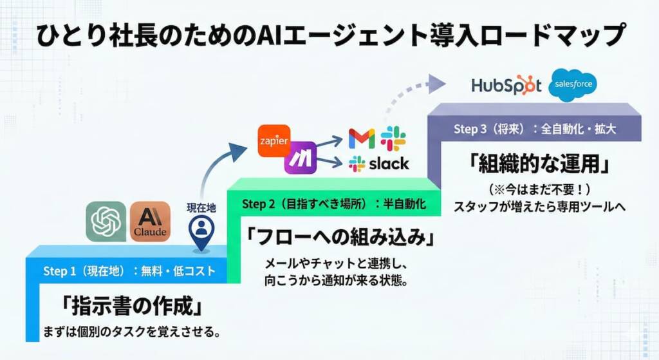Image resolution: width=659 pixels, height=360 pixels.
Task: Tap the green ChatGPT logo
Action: [106, 222]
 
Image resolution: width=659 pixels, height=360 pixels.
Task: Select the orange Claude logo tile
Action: [150, 222]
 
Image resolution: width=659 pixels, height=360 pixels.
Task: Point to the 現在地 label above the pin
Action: [201, 208]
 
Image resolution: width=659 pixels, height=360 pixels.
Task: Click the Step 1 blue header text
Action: [129, 271]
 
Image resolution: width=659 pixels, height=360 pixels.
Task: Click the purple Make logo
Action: [300, 158]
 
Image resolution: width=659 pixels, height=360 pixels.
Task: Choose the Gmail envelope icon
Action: [361, 138]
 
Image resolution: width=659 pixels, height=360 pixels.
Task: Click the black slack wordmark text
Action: [388, 164]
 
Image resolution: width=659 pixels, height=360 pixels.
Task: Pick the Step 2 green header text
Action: [335, 204]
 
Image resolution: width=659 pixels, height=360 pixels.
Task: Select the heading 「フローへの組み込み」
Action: [339, 236]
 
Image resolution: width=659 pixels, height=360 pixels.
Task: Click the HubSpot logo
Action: [506, 86]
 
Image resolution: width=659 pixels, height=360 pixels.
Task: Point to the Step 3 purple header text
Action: [535, 129]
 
